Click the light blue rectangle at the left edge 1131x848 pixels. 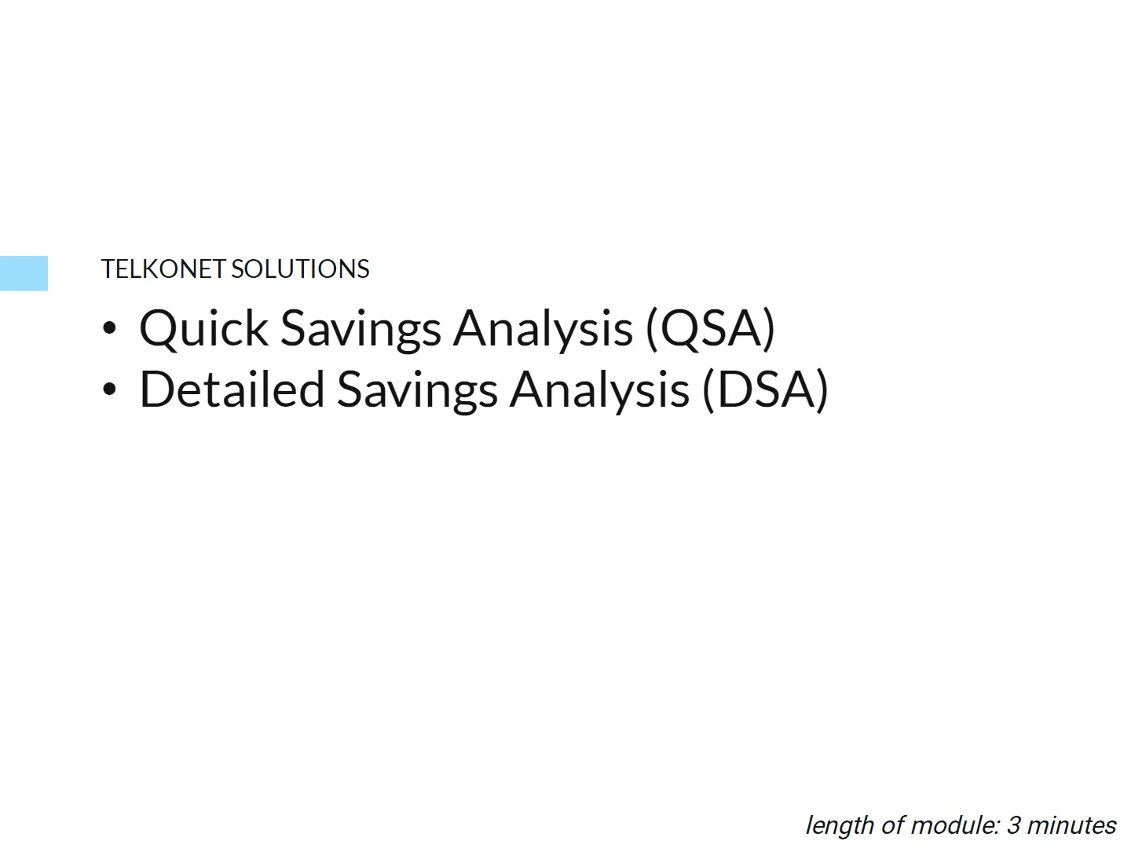24,273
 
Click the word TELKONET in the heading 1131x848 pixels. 163,269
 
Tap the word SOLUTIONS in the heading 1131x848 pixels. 300,269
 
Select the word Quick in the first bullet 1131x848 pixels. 203,328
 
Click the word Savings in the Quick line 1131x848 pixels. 361,328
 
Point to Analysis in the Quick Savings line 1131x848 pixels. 543,328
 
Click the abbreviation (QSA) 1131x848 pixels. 710,328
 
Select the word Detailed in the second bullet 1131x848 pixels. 232,389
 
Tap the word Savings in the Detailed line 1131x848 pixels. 417,389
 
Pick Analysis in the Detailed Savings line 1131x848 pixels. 599,389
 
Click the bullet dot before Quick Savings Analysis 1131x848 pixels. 109,328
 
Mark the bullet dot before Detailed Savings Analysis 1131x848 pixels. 109,389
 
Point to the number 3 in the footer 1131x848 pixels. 1013,825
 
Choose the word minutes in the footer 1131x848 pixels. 1071,825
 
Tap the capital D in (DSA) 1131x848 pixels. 734,389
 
